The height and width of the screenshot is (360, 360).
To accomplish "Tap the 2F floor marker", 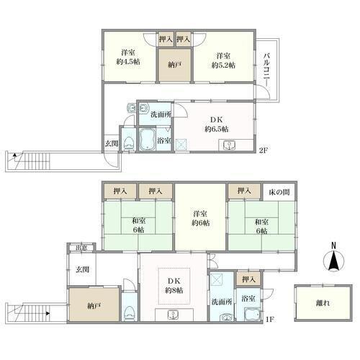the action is [x=264, y=150].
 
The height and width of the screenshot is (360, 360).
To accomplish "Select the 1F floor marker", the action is [x=270, y=320].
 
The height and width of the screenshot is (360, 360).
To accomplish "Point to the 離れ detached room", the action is [x=323, y=303].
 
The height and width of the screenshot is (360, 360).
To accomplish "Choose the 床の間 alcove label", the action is [x=279, y=192].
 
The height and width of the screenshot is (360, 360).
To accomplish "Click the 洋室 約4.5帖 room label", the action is [x=128, y=57].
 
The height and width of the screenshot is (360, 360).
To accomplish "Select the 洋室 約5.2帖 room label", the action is [x=223, y=60].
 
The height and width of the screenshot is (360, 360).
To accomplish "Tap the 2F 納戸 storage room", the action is [x=174, y=65].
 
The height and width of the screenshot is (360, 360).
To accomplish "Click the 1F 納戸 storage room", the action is [x=94, y=305].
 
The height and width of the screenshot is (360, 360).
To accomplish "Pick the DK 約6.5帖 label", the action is [x=217, y=125].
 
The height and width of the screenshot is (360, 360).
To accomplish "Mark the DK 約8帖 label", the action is [x=174, y=286].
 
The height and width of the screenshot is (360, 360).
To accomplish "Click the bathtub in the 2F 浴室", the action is [x=147, y=140].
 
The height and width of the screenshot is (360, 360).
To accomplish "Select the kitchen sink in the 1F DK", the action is [x=173, y=315].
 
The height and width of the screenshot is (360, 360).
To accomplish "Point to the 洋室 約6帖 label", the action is [x=200, y=218].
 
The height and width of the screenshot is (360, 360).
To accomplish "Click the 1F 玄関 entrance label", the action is [x=83, y=269].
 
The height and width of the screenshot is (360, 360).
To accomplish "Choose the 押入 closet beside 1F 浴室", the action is [x=248, y=279].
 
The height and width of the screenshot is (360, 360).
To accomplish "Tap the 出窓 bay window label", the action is [x=81, y=248].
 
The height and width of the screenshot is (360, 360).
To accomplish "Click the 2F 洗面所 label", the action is [x=161, y=114].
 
